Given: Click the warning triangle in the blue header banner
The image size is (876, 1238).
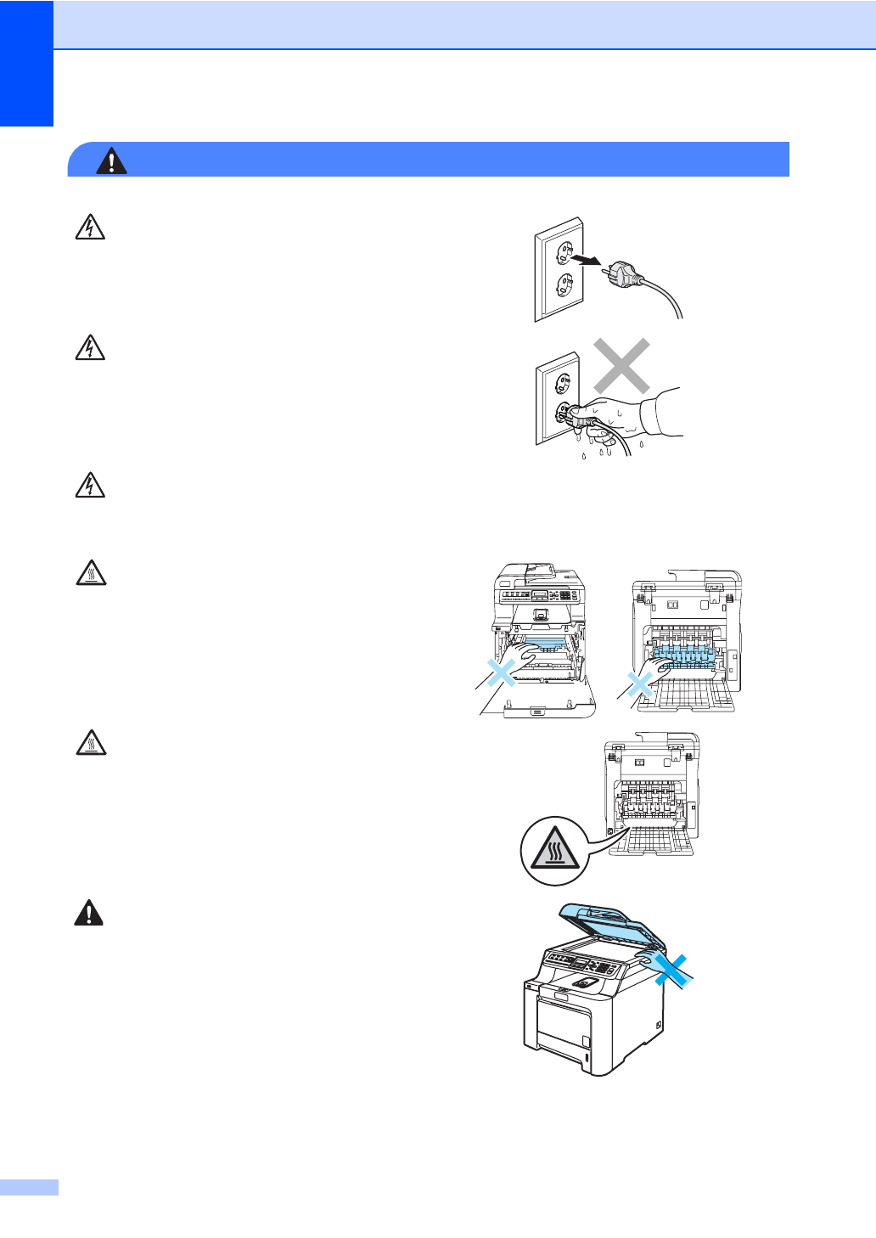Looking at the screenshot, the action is pyautogui.click(x=111, y=160).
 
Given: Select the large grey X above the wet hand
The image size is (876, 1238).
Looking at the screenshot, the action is pyautogui.click(x=621, y=365).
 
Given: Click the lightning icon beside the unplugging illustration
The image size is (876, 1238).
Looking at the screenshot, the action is pyautogui.click(x=90, y=228).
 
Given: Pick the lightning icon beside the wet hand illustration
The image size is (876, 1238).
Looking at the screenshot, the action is pyautogui.click(x=90, y=348).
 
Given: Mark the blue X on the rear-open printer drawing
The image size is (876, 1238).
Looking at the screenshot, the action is pyautogui.click(x=640, y=684).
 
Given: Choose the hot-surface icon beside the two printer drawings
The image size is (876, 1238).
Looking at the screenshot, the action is pyautogui.click(x=90, y=574).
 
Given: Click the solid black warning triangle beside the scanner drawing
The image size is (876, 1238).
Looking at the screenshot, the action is pyautogui.click(x=88, y=913).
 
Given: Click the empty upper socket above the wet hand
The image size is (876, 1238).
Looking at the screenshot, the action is pyautogui.click(x=562, y=384).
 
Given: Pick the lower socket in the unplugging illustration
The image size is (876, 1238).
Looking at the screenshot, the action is pyautogui.click(x=560, y=284).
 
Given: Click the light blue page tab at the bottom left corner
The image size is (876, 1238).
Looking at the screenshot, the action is pyautogui.click(x=29, y=1187).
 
